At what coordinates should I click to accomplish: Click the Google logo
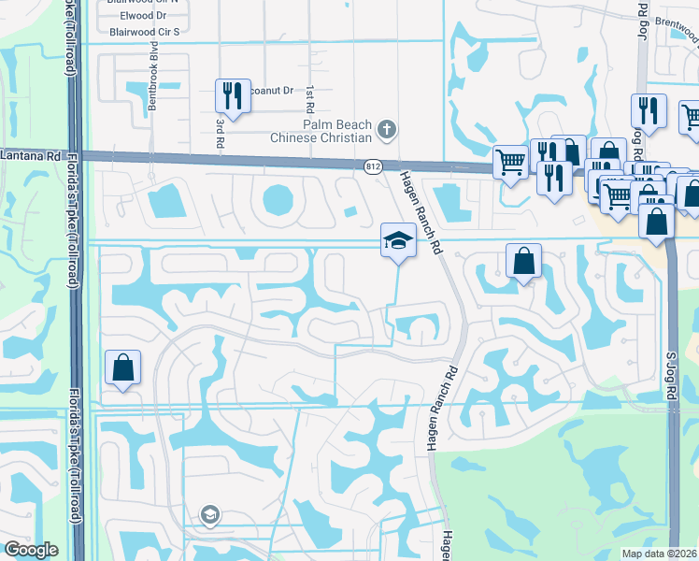pos(30,550)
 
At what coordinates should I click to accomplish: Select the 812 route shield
pos(374,166)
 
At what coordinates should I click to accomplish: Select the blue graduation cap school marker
pos(398,240)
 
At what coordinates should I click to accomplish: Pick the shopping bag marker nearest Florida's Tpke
pos(123,368)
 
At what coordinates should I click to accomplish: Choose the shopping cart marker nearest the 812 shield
pos(510,162)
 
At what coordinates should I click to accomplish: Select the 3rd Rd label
pos(221,133)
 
